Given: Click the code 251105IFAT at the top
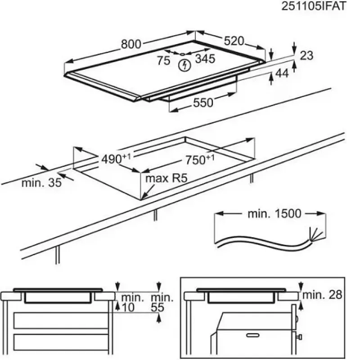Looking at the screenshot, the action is click(x=313, y=6).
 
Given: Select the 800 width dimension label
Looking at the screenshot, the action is click(x=131, y=44).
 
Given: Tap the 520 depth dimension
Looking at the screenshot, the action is click(x=234, y=41).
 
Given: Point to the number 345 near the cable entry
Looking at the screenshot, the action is click(x=205, y=58).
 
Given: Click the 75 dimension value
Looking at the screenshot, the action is click(x=164, y=61).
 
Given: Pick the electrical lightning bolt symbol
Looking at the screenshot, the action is click(x=184, y=65).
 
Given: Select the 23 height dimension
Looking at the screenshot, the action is click(x=306, y=55).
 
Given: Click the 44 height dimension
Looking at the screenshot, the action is click(x=282, y=73).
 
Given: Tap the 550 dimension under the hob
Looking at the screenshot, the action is click(x=203, y=103).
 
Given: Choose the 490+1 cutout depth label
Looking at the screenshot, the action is click(x=116, y=159).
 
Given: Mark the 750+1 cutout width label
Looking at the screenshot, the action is click(x=200, y=160).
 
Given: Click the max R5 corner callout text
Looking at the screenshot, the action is click(x=166, y=178).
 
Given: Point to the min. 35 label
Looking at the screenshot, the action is click(x=41, y=183).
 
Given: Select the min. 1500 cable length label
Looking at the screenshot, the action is click(x=274, y=214).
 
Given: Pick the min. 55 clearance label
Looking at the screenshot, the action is click(x=162, y=302).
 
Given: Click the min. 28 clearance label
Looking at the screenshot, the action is click(x=322, y=295).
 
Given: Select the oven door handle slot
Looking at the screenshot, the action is click(x=252, y=335).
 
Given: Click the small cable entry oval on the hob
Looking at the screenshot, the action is click(x=183, y=54).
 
